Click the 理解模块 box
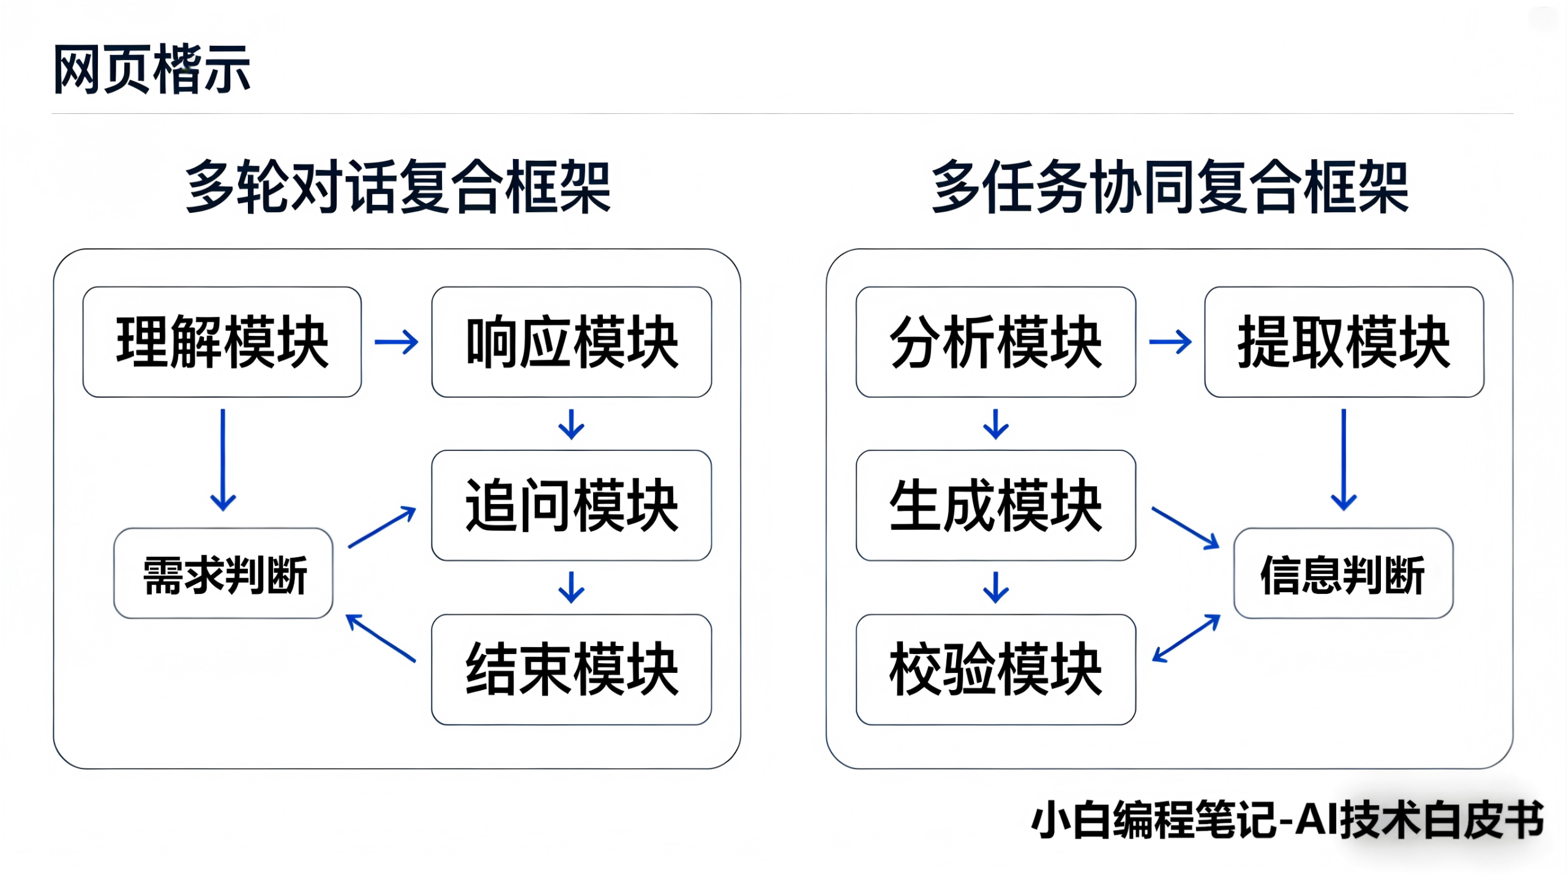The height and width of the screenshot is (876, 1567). click(x=222, y=342)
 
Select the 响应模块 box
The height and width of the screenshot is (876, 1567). click(x=571, y=342)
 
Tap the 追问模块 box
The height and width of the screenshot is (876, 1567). click(x=571, y=505)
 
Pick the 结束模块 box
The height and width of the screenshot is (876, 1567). click(x=571, y=669)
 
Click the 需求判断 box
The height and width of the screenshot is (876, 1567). click(x=223, y=574)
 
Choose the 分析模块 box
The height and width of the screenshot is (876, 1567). click(x=995, y=342)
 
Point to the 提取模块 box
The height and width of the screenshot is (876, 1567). click(x=1344, y=342)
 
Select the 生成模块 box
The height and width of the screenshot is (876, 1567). click(x=995, y=505)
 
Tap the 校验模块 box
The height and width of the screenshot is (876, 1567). click(x=995, y=669)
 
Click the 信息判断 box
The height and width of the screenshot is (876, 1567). click(x=1343, y=574)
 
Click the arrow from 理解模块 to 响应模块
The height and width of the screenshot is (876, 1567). click(x=396, y=342)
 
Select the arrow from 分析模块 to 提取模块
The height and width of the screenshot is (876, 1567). click(x=1170, y=342)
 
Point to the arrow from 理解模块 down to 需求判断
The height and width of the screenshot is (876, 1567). click(x=223, y=459)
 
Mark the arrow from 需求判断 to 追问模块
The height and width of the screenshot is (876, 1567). click(x=382, y=527)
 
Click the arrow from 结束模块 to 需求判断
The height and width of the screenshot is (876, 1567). click(x=381, y=638)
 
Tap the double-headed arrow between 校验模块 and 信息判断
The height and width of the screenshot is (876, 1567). click(x=1186, y=638)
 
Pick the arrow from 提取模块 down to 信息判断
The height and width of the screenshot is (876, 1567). click(x=1344, y=459)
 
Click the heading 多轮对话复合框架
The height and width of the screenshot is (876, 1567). click(x=398, y=187)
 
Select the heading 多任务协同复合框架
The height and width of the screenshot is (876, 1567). click(x=1169, y=187)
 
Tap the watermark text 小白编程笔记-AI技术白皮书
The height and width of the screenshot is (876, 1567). click(x=1287, y=820)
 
